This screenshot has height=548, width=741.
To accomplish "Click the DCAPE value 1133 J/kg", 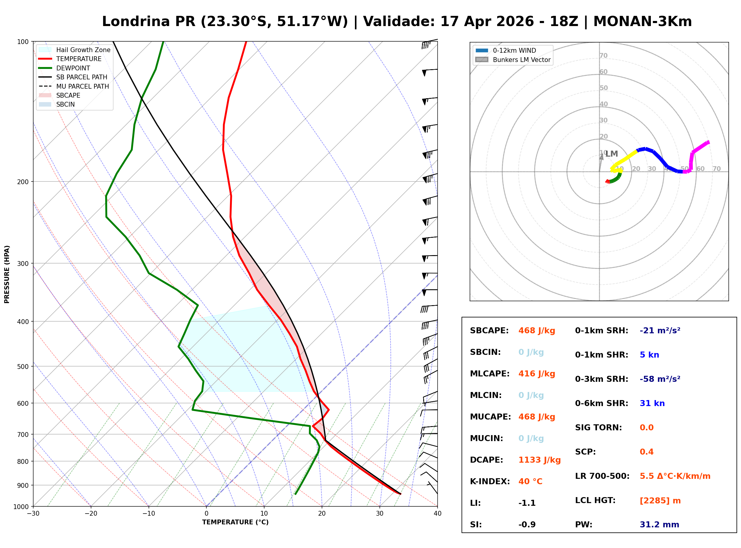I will coord(539,460).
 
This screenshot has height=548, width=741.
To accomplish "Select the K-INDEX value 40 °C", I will coord(530,482).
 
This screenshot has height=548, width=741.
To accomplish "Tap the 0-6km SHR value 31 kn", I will coord(652,403).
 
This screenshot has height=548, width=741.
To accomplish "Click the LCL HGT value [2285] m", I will coord(660,501).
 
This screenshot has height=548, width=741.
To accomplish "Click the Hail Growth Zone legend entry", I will coord(83,50).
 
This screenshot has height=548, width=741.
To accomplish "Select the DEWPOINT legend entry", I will coord(73,68).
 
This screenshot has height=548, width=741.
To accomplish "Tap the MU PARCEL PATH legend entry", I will coord(82,86).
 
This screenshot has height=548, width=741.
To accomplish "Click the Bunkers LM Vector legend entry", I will coord(521,60).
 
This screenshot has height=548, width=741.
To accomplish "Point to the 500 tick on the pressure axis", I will coord(22,367).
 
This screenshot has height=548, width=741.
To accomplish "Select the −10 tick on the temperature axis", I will coord(148,514).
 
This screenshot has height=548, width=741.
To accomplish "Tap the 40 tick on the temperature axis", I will coord(437,514).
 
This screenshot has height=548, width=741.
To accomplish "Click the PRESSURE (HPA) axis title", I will coord(7,274).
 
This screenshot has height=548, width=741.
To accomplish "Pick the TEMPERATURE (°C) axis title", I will coord(235,522).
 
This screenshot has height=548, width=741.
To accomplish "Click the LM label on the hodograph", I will coord(611,154).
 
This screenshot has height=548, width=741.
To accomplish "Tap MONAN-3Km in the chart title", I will coord(642,22).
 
